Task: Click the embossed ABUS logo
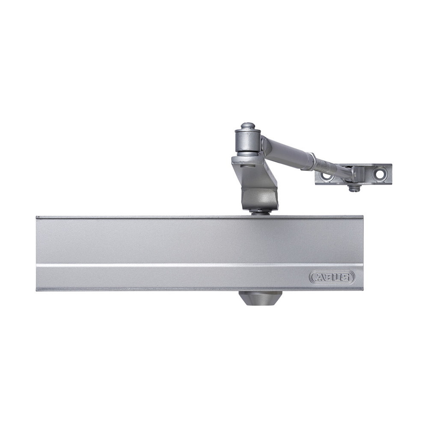(332, 277)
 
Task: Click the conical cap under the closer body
(260, 298)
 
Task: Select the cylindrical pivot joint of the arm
(248, 143)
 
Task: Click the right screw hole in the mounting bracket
(379, 173)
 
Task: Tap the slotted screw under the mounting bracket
(354, 189)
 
